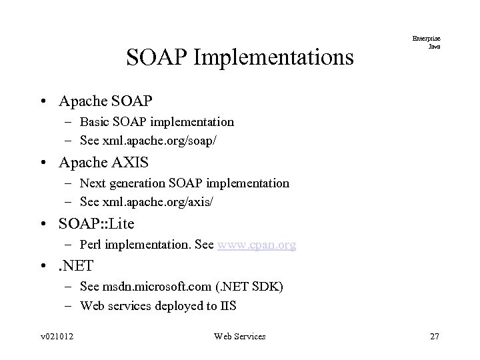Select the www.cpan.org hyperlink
click(x=256, y=245)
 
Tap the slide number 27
click(x=434, y=337)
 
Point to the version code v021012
click(x=56, y=337)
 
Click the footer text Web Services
click(x=239, y=337)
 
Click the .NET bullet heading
click(x=77, y=265)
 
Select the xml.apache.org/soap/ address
click(x=157, y=141)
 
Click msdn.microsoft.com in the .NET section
click(x=157, y=287)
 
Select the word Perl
click(x=91, y=245)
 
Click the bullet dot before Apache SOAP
click(x=43, y=102)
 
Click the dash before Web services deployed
click(x=69, y=306)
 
